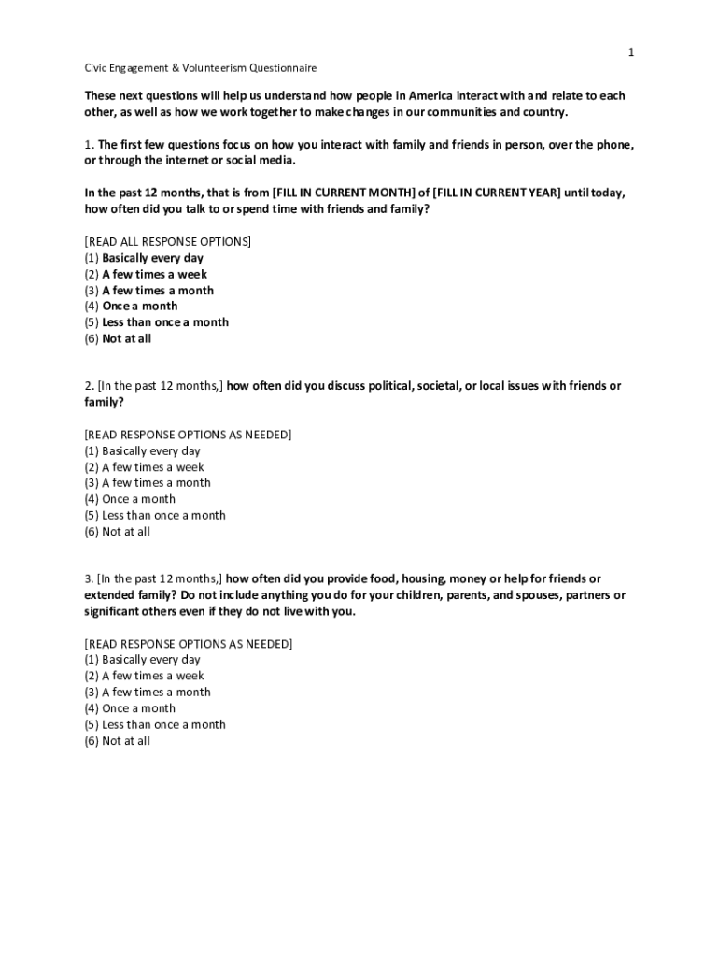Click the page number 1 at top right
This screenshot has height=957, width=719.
[631, 52]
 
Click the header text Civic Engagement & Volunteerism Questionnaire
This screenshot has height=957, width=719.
[200, 68]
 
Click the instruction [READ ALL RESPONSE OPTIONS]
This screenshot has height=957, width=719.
[168, 241]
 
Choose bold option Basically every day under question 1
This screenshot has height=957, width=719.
[152, 258]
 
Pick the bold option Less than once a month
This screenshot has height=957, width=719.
[165, 322]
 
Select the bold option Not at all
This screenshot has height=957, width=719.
[126, 338]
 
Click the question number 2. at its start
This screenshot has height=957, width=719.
[89, 386]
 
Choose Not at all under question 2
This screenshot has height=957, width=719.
[125, 532]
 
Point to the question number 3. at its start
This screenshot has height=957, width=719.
[89, 579]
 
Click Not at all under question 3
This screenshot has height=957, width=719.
[125, 741]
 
